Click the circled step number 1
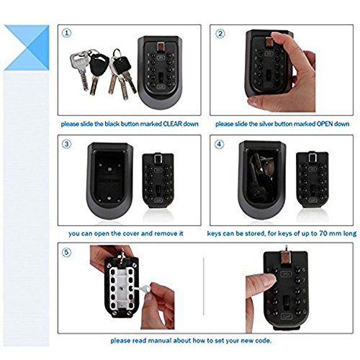[67, 33]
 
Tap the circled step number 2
[220, 33]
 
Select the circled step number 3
[67, 144]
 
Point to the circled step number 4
[219, 144]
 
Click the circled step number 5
[67, 252]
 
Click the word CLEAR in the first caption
[172, 124]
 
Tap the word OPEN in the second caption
[325, 124]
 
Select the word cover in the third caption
[131, 233]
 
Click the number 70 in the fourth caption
[323, 233]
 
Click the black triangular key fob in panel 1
[99, 63]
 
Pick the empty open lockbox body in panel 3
[109, 181]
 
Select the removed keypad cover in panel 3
[158, 181]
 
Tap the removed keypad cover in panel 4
[312, 180]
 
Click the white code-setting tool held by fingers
[143, 288]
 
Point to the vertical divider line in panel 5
[204, 287]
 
